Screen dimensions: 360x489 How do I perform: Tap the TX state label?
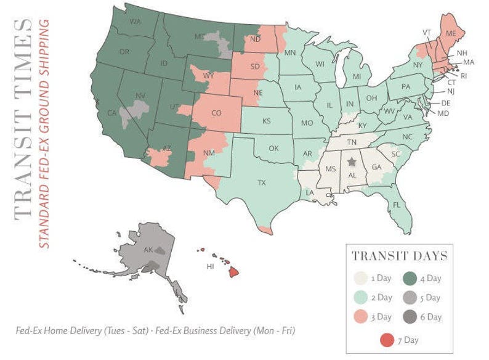(x=261, y=183)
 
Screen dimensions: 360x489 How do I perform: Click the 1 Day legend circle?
(x=362, y=278)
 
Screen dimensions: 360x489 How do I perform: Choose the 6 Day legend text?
(x=430, y=317)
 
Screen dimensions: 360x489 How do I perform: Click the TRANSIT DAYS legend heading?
(x=399, y=256)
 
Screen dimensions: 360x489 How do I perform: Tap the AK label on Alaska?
(x=148, y=250)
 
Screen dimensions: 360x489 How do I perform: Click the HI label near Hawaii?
(x=210, y=267)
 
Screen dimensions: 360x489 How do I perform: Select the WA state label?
(x=136, y=23)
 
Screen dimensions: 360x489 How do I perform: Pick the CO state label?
(x=216, y=113)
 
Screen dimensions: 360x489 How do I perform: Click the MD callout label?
(x=442, y=113)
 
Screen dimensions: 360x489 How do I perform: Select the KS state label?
(x=267, y=121)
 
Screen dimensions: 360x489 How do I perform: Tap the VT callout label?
(x=426, y=32)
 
